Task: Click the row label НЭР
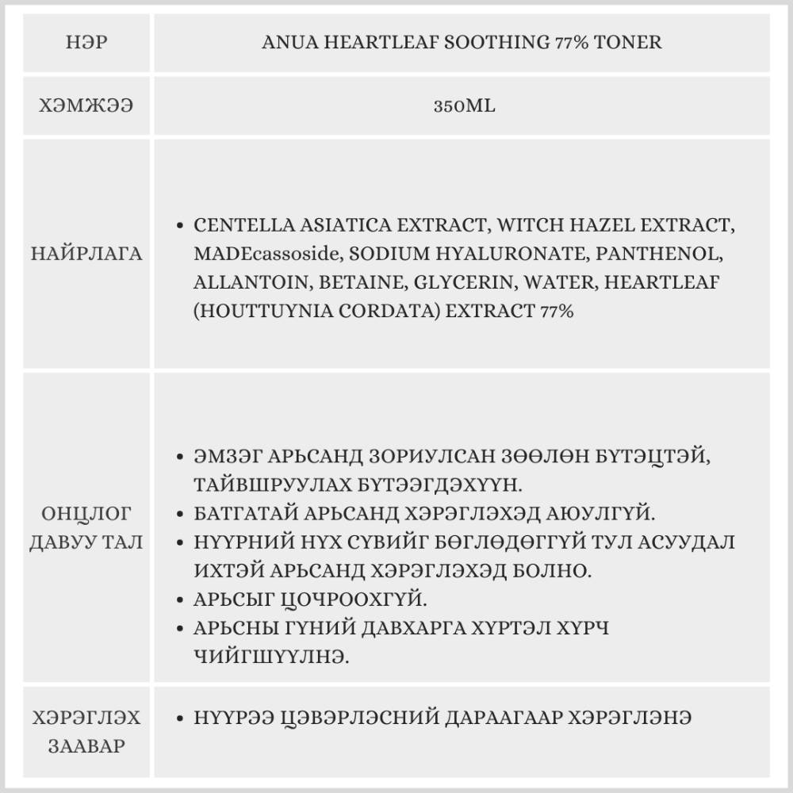tap(86, 41)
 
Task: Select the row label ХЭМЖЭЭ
tap(86, 105)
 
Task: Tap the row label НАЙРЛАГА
tap(86, 254)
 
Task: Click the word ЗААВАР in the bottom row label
tap(86, 746)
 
